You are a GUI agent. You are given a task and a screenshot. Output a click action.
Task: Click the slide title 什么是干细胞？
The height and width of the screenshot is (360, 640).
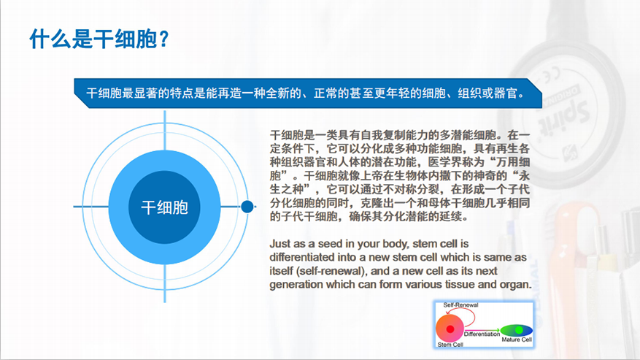[x=99, y=39]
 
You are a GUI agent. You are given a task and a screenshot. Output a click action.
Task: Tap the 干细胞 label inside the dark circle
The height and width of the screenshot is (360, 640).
[x=164, y=207]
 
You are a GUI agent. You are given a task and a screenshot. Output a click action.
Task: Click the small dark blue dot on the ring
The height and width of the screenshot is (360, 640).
[x=247, y=207]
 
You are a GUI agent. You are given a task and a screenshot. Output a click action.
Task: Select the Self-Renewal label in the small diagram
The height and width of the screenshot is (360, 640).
[x=460, y=305]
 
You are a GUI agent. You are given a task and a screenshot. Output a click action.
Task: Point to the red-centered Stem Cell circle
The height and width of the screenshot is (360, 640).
[x=450, y=328]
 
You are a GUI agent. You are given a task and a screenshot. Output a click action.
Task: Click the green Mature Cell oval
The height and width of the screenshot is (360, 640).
[x=517, y=330]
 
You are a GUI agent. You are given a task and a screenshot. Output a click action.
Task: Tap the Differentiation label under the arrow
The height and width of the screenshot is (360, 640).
[x=482, y=334]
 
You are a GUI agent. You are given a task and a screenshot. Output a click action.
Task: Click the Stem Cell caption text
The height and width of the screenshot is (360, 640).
[x=450, y=345]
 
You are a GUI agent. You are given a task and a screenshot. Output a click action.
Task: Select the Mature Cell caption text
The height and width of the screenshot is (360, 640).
[x=517, y=340]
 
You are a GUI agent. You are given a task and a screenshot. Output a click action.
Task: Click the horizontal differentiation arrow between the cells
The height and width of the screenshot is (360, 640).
[x=482, y=330]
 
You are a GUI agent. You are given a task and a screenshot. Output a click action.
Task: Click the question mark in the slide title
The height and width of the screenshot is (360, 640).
[x=163, y=39]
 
